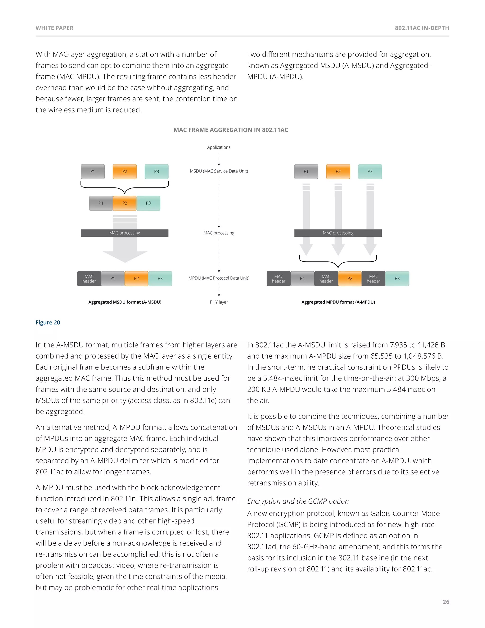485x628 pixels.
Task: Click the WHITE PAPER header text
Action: pos(54,28)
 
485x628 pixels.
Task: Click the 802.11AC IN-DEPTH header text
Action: pos(422,28)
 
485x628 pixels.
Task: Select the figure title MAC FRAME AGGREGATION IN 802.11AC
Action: pos(231,130)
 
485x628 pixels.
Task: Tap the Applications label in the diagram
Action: pos(219,147)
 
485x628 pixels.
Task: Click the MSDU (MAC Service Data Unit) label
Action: pos(219,171)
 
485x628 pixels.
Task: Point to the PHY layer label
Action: pos(219,302)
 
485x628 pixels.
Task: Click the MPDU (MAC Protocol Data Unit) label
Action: pos(219,278)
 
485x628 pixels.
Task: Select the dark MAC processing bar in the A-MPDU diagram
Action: pos(338,233)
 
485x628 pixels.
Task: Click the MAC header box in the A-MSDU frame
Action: pos(89,279)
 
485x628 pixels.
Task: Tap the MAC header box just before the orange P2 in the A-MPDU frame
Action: pos(326,279)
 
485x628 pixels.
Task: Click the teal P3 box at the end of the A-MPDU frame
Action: pos(397,279)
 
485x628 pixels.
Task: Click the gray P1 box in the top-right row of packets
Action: pos(306,172)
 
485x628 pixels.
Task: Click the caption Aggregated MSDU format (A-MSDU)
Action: pos(125,302)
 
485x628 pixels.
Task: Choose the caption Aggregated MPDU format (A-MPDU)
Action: pos(338,302)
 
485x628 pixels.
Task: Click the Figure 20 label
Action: pos(48,322)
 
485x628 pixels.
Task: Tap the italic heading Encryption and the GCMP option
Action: pos(298,501)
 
